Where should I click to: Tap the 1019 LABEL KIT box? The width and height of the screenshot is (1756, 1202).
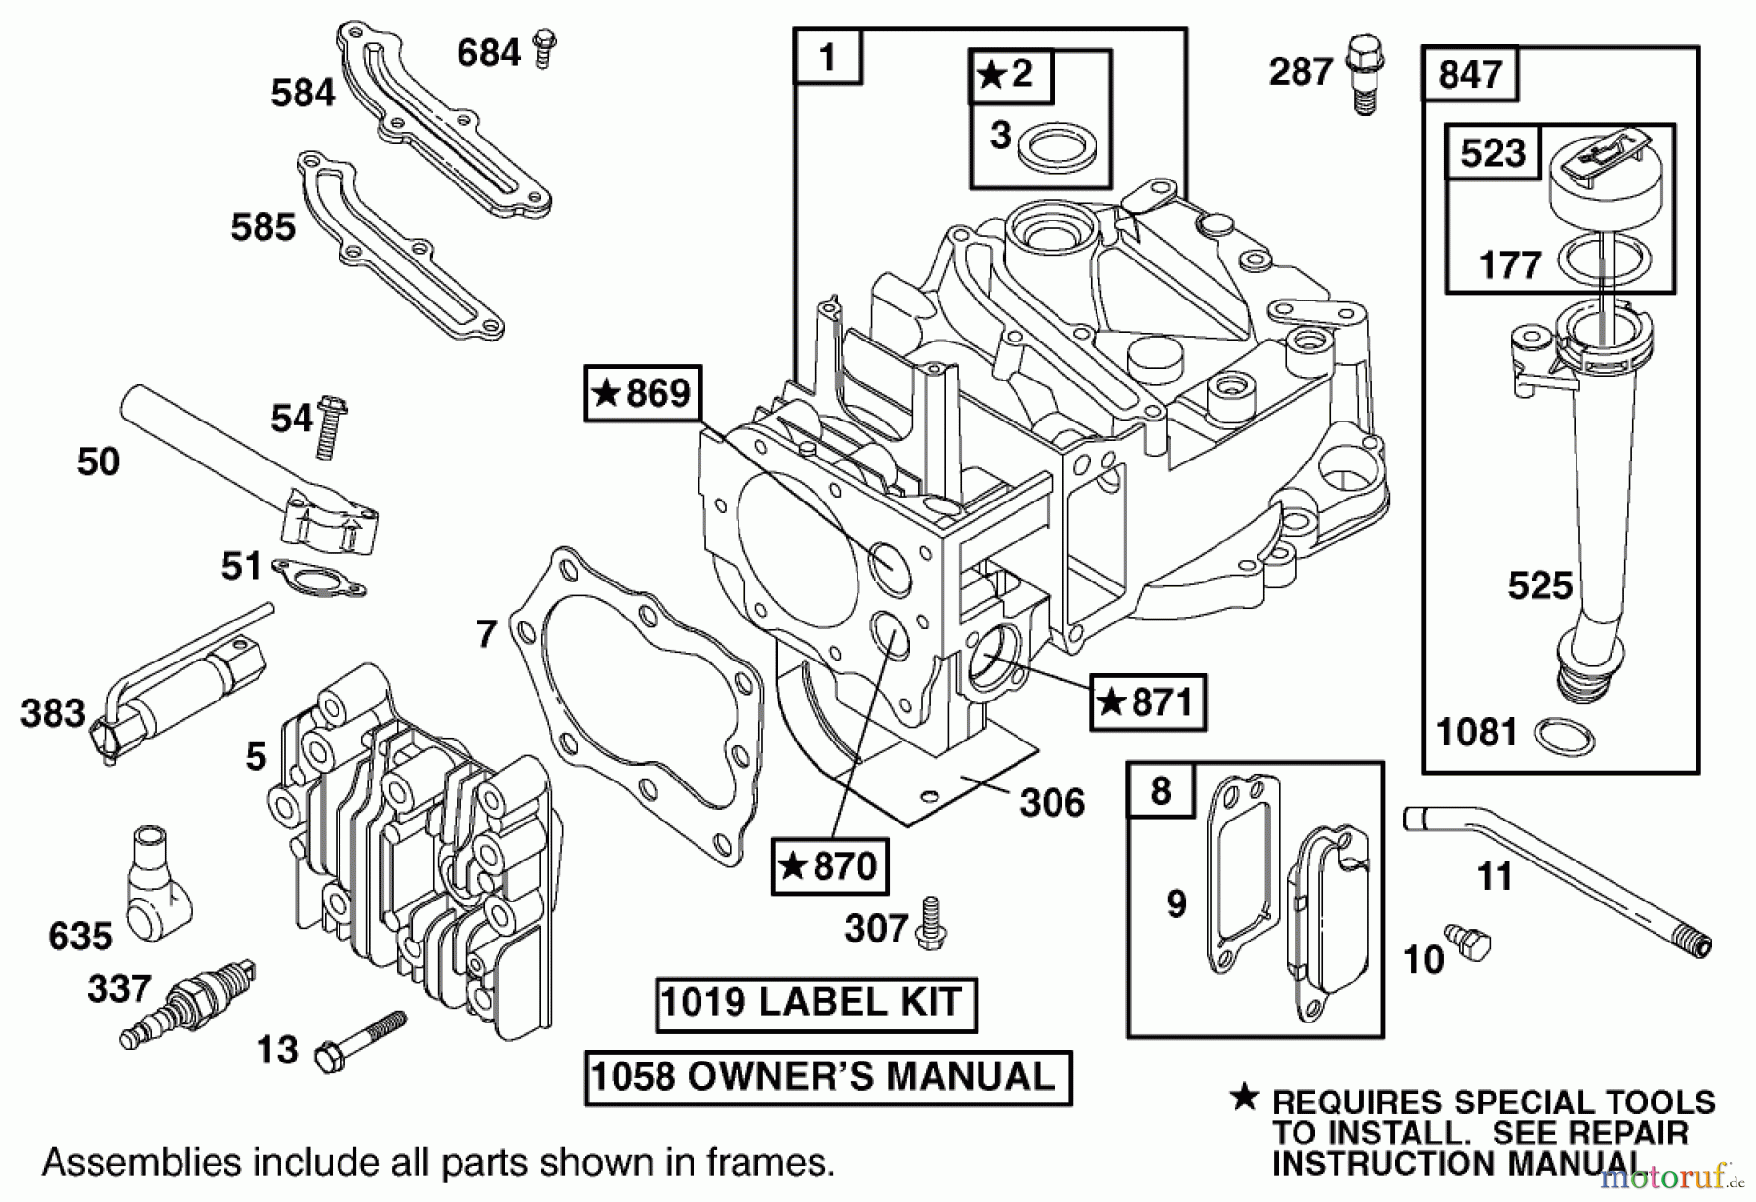[815, 1004]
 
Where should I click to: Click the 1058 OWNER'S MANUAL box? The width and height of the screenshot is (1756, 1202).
[827, 1078]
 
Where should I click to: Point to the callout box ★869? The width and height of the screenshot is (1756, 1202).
[643, 394]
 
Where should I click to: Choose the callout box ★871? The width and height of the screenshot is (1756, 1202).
[1147, 702]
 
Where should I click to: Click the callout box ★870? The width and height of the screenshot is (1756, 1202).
[829, 865]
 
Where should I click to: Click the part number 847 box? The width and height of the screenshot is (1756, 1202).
[1470, 74]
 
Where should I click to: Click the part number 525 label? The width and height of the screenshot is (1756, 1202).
[1539, 585]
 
